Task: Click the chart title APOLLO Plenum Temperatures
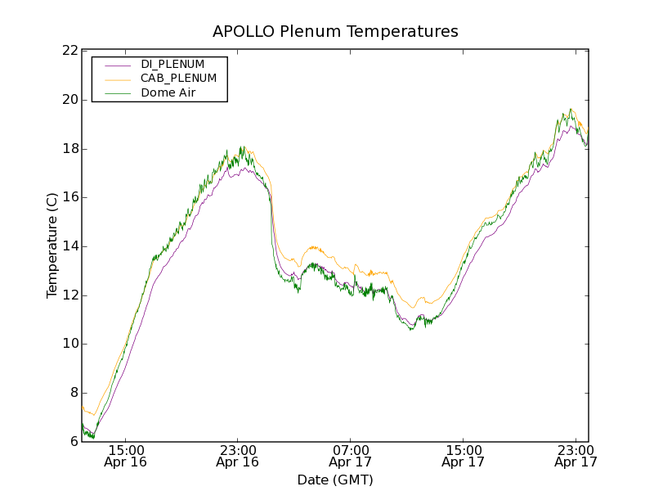tap(335, 32)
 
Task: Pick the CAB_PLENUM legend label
tap(178, 79)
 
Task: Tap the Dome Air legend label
tap(168, 93)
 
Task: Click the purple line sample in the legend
tap(118, 64)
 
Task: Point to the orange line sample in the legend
tap(118, 79)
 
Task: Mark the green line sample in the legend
tap(118, 93)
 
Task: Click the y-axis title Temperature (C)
tap(52, 245)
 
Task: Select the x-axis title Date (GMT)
tap(335, 480)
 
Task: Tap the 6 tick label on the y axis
tap(74, 442)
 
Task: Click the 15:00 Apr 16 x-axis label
tap(125, 456)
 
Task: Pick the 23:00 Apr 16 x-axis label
tap(238, 456)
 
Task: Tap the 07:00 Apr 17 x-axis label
tap(350, 456)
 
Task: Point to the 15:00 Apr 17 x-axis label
tap(463, 456)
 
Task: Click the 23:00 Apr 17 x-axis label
tap(575, 456)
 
